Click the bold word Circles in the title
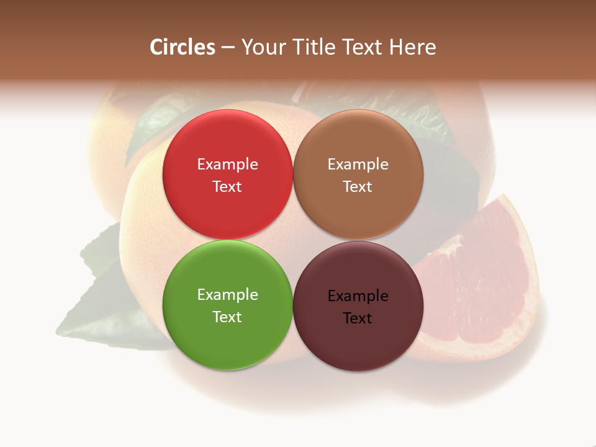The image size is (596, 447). point(183,47)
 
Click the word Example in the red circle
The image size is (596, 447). point(227,165)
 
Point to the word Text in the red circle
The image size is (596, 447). point(227,187)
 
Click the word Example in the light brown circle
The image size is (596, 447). point(358,165)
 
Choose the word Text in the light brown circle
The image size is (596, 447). point(358,187)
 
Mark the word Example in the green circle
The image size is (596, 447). point(227,295)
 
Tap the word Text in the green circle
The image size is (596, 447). point(227,317)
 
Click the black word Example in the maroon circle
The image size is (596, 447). point(358,296)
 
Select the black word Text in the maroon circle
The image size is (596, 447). point(358,318)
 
